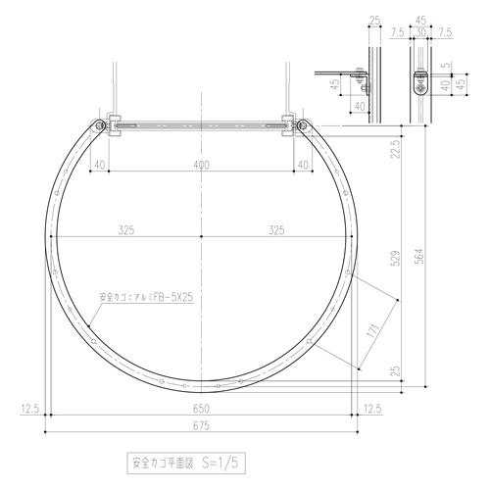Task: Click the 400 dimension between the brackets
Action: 201,165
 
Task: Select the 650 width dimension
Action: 201,409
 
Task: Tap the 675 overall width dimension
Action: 201,426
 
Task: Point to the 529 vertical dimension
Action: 396,259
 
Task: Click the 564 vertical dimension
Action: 420,257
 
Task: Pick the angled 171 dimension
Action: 372,330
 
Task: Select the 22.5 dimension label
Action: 396,149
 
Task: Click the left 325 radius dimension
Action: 126,230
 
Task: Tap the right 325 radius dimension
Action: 276,230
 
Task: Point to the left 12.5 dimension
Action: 30,409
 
